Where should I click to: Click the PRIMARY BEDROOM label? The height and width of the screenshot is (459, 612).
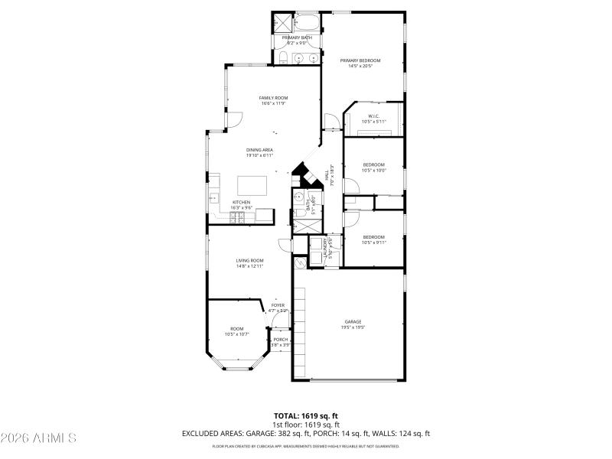[360, 60]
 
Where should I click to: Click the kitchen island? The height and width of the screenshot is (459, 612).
[253, 185]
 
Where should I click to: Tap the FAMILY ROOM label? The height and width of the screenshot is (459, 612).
[272, 98]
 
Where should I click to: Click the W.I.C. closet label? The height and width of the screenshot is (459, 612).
[373, 116]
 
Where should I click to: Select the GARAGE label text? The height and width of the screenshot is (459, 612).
[352, 321]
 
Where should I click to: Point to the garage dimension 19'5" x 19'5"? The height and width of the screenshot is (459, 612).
[352, 327]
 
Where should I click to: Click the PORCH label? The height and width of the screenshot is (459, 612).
[281, 340]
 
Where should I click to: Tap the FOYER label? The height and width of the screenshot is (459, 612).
[278, 305]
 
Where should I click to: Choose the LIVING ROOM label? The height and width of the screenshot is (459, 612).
[249, 261]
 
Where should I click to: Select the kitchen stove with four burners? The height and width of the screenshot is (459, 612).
[237, 217]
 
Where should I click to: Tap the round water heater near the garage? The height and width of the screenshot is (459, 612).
[299, 261]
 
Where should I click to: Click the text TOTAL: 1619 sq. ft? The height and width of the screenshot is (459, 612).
[306, 415]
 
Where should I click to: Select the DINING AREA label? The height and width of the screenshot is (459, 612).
[259, 150]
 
